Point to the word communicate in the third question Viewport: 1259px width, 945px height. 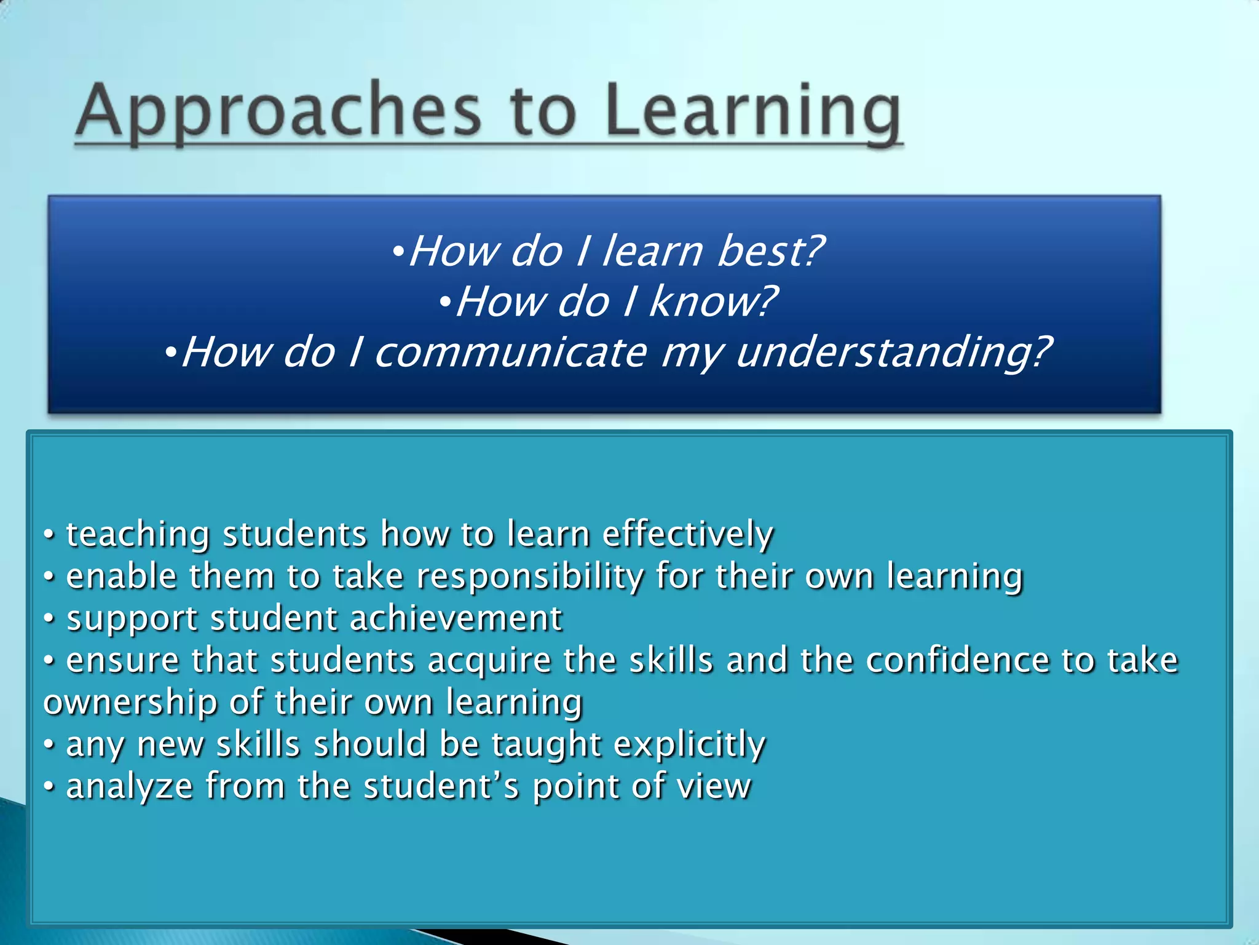tap(510, 353)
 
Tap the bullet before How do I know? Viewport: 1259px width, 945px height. tap(446, 301)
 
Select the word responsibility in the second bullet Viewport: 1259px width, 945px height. tap(529, 577)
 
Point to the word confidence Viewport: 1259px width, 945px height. tap(958, 660)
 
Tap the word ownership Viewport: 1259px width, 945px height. tap(130, 703)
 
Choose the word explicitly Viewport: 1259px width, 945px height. tap(689, 744)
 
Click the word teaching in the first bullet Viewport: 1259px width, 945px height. tap(138, 534)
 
